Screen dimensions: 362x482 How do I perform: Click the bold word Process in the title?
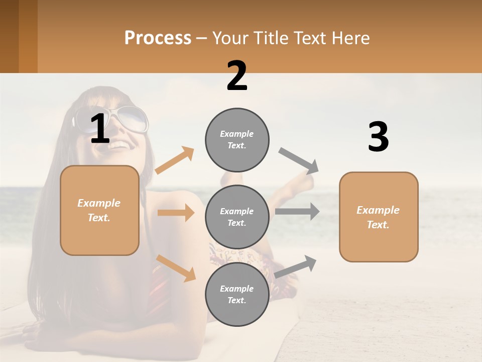pyautogui.click(x=158, y=38)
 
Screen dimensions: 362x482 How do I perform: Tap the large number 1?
pyautogui.click(x=100, y=129)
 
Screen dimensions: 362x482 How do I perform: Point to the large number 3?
pyautogui.click(x=378, y=137)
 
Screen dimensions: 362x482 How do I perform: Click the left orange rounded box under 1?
pyautogui.click(x=99, y=210)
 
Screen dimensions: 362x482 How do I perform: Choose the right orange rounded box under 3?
pyautogui.click(x=379, y=217)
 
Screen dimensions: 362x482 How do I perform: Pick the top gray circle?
pyautogui.click(x=237, y=140)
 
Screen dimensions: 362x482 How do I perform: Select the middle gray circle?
pyautogui.click(x=237, y=217)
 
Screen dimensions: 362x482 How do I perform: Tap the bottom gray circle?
pyautogui.click(x=237, y=294)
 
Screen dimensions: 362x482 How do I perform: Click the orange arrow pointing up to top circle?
pyautogui.click(x=174, y=160)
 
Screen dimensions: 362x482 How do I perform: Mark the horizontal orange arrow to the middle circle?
pyautogui.click(x=175, y=213)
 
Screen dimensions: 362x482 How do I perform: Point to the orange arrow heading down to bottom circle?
pyautogui.click(x=176, y=268)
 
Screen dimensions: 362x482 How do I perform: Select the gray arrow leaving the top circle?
pyautogui.click(x=299, y=161)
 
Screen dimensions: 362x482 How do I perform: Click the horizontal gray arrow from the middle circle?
pyautogui.click(x=297, y=212)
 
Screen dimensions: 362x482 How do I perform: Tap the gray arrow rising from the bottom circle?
pyautogui.click(x=296, y=266)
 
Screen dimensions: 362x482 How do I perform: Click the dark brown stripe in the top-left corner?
pyautogui.click(x=9, y=36)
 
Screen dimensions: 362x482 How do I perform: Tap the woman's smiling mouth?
pyautogui.click(x=118, y=145)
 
